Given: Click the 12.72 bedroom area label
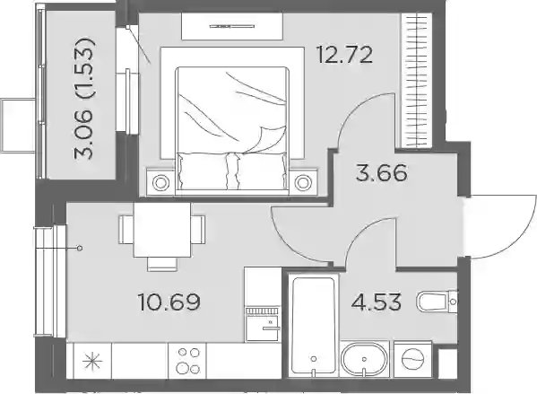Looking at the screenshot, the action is tap(345, 56).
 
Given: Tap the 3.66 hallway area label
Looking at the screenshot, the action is tap(382, 173).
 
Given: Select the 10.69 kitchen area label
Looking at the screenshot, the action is tap(169, 302).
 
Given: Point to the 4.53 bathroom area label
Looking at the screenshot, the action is tap(376, 302).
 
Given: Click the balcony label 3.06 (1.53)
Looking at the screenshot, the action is tap(83, 99).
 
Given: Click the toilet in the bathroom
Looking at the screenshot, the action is tap(437, 302).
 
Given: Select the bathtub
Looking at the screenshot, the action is tap(314, 325).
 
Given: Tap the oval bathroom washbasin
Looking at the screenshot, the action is tap(364, 359).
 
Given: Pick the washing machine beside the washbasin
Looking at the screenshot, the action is tap(412, 359).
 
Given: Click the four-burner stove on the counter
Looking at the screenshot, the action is tap(187, 361).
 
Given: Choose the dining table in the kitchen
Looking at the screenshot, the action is tap(162, 230).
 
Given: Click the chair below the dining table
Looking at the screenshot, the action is tap(162, 264).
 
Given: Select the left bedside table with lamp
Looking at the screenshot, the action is tap(160, 182).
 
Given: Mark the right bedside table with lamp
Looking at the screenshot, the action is tap(302, 182).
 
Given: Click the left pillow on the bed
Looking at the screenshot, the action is tap(203, 171).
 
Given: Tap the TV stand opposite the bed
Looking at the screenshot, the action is tap(232, 26).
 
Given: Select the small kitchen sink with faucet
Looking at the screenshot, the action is tap(264, 324).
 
